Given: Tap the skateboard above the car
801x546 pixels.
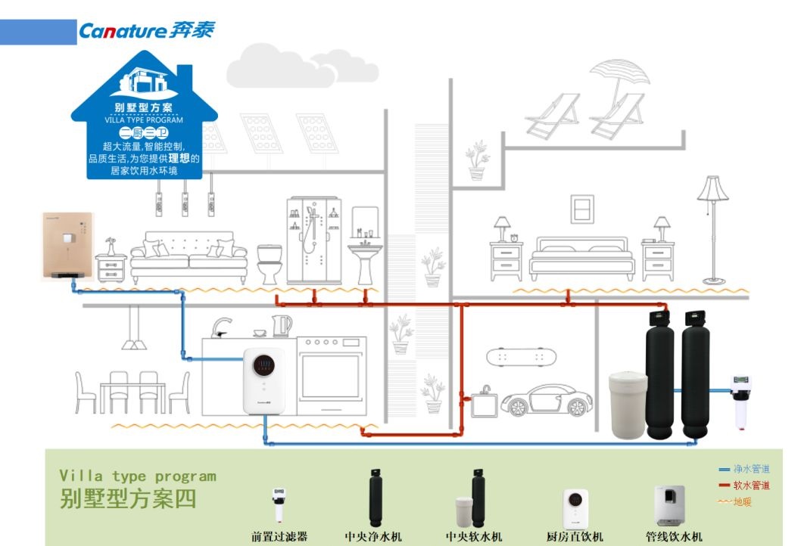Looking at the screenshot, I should (517, 355).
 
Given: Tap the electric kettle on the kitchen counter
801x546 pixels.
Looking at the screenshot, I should (282, 325).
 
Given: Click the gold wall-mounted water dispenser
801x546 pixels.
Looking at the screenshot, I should (67, 246).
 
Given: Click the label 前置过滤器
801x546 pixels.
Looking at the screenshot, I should (279, 537).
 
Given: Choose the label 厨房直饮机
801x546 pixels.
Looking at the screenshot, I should (575, 537).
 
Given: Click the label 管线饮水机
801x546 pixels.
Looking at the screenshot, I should (674, 537).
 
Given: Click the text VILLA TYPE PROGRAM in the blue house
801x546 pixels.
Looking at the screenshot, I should (144, 120).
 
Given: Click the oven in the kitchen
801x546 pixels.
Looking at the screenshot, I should (332, 375).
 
